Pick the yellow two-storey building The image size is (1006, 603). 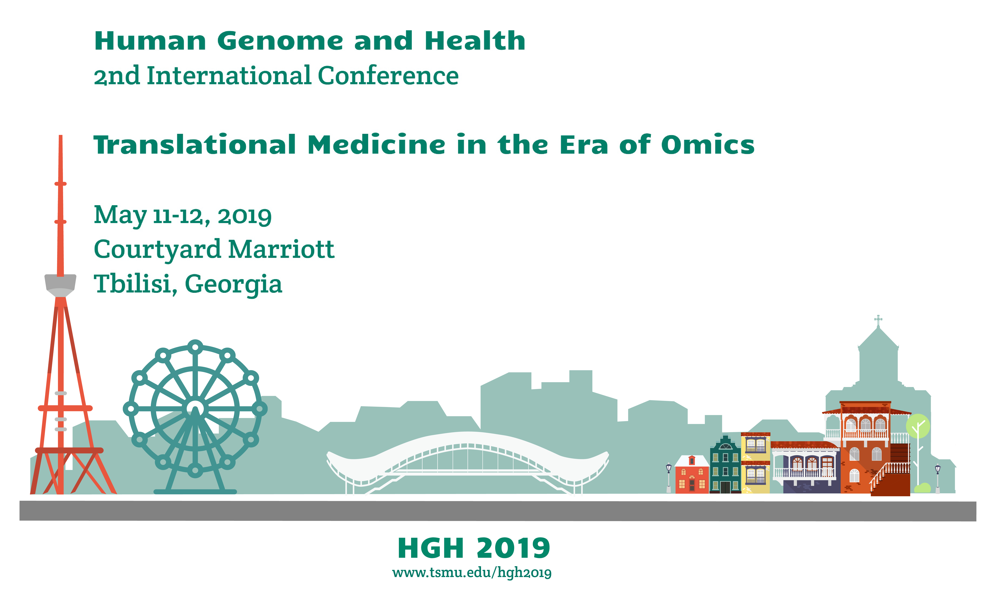pyautogui.click(x=756, y=463)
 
